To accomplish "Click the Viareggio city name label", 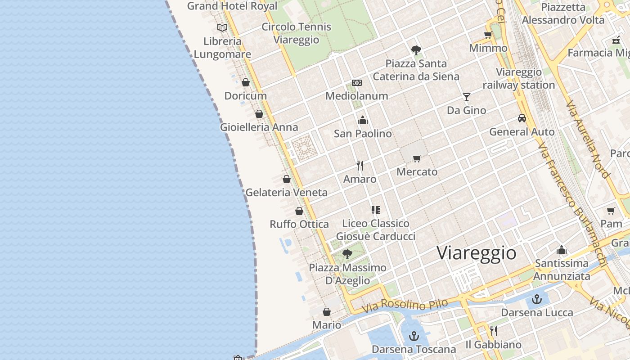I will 477,253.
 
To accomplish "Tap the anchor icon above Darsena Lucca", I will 536,299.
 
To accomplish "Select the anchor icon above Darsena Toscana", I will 414,336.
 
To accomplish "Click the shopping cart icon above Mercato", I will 417,158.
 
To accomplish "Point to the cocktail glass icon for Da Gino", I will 466,97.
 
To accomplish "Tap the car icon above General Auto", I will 522,118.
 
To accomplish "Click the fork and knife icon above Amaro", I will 360,166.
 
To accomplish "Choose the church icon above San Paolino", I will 363,120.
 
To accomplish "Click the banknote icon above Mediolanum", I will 357,83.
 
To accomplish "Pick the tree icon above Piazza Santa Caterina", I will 416,50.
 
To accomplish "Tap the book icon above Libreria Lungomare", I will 222,28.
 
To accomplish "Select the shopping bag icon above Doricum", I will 246,82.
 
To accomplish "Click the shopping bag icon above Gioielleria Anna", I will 259,114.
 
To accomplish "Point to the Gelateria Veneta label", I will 286,193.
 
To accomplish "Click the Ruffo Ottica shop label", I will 299,224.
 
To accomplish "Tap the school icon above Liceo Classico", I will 375,210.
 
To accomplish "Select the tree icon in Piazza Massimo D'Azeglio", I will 347,254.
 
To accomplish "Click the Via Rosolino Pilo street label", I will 405,306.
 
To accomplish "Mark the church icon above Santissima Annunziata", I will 562,250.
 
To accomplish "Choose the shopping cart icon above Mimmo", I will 488,35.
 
